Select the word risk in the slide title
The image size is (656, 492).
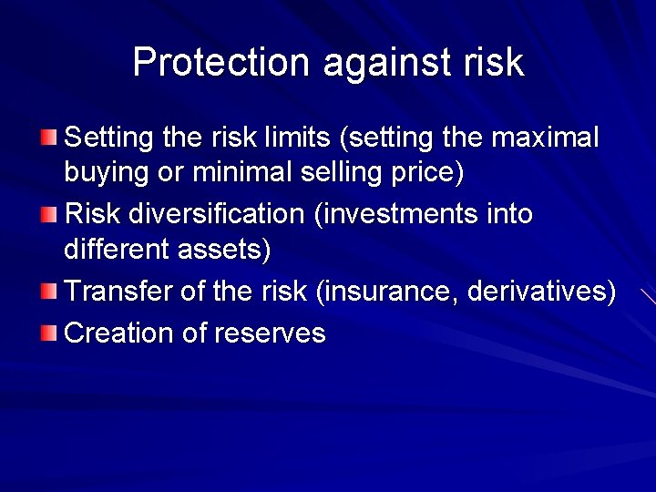pos(497,63)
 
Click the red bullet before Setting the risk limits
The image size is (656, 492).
pos(48,138)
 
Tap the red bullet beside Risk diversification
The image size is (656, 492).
pos(48,215)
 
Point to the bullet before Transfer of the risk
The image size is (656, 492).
pos(48,292)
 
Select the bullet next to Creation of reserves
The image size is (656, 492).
pos(48,333)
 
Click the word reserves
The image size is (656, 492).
pos(270,333)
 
